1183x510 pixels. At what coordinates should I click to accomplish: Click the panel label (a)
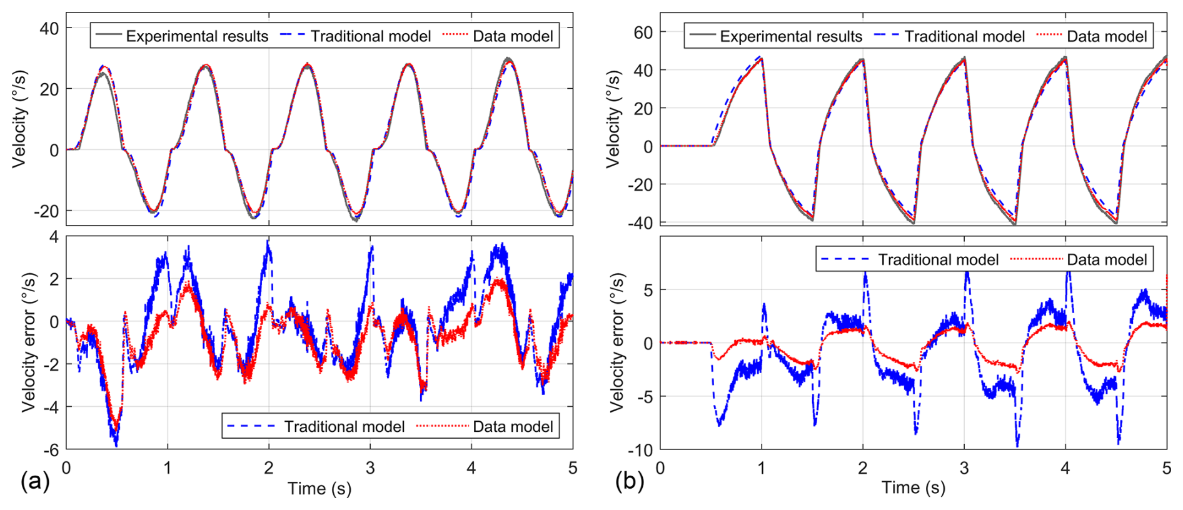pos(34,481)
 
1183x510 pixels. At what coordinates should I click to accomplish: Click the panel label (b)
pos(629,481)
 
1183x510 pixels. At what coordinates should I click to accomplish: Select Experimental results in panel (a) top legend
pos(196,36)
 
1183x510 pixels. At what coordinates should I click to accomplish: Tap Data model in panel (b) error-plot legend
pos(1107,259)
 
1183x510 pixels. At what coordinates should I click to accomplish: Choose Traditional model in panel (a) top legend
pos(370,36)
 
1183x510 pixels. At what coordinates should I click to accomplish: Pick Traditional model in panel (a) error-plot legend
pos(344,426)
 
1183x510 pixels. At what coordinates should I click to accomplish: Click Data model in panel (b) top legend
pos(1107,36)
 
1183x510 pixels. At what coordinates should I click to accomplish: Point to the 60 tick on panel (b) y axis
pos(643,32)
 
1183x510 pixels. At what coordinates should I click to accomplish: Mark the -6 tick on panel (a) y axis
pos(51,450)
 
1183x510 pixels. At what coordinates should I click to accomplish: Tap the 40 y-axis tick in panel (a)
pos(49,28)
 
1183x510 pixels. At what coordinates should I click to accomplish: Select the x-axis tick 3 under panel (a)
pos(370,468)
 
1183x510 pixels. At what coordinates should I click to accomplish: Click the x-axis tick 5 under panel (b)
pos(1166,468)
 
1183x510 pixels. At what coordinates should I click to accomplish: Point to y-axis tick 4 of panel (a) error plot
pos(54,237)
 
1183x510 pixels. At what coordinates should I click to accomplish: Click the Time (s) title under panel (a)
pos(319,489)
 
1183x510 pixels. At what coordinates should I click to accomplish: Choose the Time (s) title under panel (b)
pos(913,487)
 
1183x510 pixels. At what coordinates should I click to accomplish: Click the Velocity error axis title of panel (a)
pos(28,342)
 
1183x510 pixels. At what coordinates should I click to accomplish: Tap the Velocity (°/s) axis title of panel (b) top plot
pos(613,119)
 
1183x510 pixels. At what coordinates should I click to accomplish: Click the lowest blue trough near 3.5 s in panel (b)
pos(1017,445)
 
